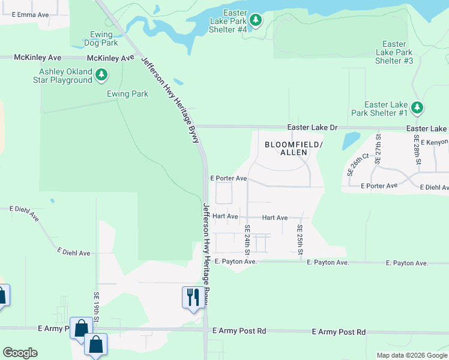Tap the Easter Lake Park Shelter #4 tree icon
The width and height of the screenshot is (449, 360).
[x=256, y=20]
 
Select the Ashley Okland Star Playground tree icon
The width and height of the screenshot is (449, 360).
[x=102, y=74]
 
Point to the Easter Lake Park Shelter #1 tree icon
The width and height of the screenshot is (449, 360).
[x=418, y=108]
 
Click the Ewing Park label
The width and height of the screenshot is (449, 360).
[x=127, y=94]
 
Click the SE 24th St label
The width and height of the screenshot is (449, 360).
[x=247, y=239]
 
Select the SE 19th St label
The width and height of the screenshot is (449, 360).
[x=96, y=307]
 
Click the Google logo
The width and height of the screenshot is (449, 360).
[x=20, y=353]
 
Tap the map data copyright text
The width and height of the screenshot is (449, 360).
[x=411, y=355]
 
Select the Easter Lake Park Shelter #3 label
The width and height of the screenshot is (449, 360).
[x=394, y=52]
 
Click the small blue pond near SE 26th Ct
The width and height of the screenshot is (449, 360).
[x=351, y=140]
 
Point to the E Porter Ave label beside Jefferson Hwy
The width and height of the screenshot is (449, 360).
[x=229, y=178]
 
